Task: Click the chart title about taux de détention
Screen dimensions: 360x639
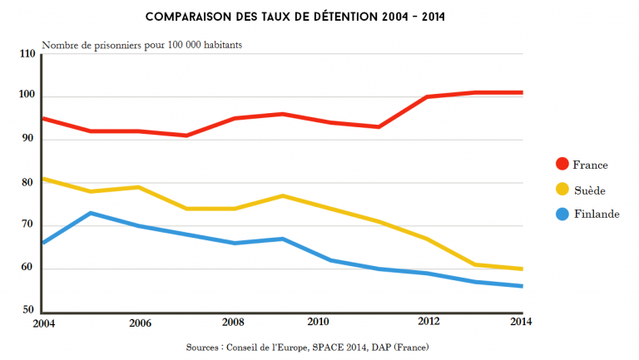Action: [x=319, y=17]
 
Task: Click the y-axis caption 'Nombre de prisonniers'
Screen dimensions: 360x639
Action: [x=142, y=45]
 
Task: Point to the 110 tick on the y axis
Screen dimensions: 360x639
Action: [x=27, y=54]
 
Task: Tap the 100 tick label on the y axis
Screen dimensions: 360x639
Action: [x=27, y=96]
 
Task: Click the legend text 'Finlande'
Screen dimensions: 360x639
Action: [x=597, y=215]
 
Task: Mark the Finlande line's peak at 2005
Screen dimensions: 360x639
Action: [x=90, y=213]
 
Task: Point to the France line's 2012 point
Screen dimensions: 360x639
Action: [x=427, y=96]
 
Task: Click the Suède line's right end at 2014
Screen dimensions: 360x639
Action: [x=522, y=269]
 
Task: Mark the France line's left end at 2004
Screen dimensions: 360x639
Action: [x=43, y=118]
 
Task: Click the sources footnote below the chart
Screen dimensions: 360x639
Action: [x=320, y=346]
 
